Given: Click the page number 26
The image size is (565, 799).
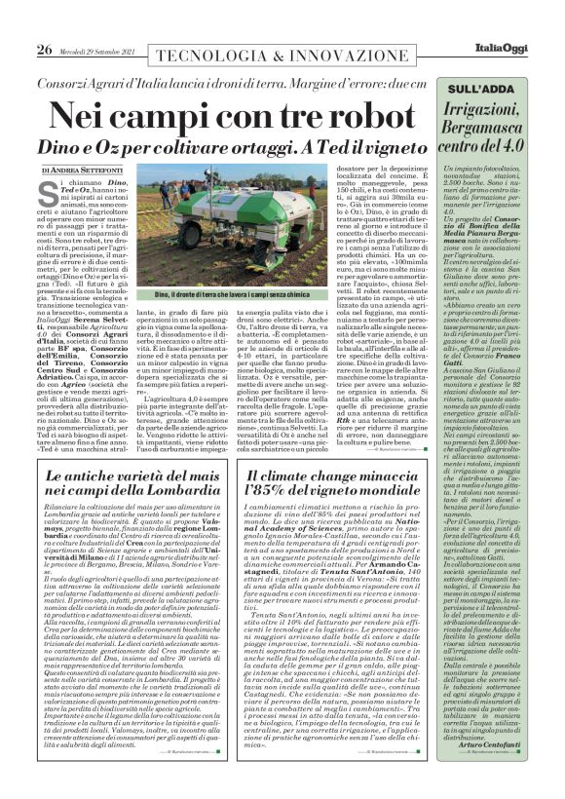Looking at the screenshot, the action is (x=19, y=24).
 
